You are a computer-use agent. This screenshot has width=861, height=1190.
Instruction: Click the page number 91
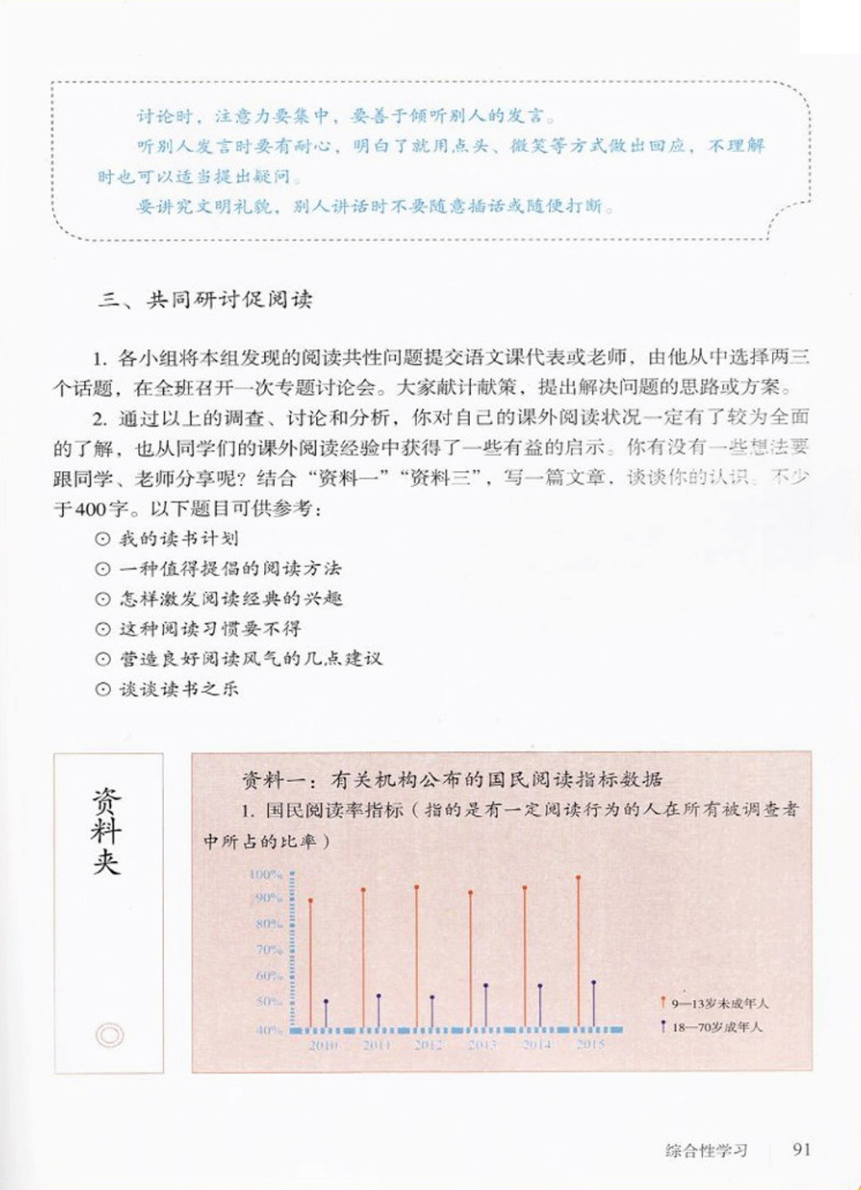(801, 1150)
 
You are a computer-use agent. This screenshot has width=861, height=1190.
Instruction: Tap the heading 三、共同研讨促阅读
(205, 300)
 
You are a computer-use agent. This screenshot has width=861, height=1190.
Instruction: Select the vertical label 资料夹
(107, 832)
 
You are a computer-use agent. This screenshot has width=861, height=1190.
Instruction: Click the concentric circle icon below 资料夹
(109, 1034)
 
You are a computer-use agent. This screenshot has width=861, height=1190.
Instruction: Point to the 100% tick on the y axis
(267, 875)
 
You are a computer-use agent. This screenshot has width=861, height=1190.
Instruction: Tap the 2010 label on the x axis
(322, 1045)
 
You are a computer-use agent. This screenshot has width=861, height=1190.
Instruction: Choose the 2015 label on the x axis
(590, 1045)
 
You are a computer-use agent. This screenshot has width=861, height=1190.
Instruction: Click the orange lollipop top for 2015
(578, 877)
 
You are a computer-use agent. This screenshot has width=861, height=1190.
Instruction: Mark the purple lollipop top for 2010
(326, 1002)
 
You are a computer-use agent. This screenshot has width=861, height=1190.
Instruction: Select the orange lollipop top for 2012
(416, 886)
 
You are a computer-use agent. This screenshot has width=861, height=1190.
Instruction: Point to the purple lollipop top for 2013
(486, 986)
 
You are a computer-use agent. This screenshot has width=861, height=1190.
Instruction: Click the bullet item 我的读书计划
(178, 538)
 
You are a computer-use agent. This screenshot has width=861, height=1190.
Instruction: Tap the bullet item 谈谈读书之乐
(178, 689)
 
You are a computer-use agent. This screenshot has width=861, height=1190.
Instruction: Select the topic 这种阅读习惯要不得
(209, 628)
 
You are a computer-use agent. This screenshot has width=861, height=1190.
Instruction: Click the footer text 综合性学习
(705, 1150)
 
